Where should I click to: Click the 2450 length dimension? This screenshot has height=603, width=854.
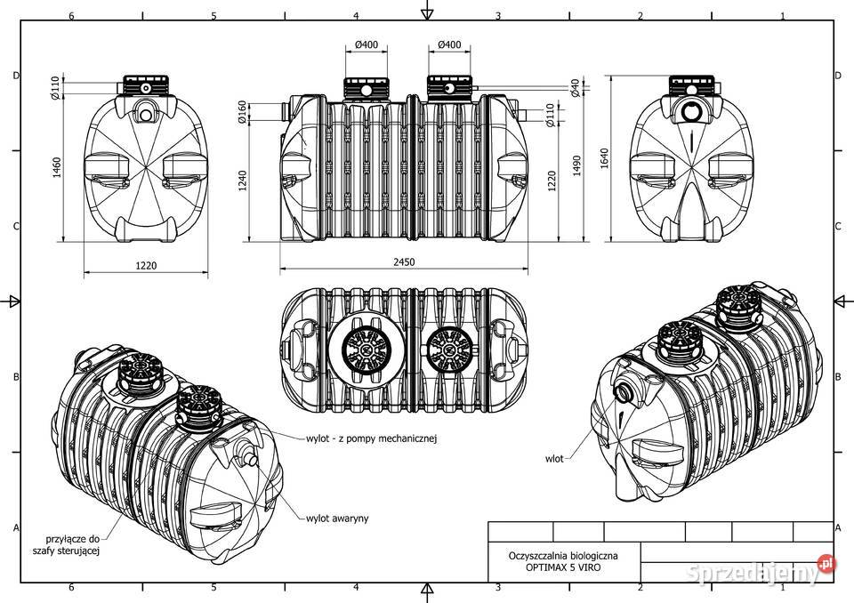404,262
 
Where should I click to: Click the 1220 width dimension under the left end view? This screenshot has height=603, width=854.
146,266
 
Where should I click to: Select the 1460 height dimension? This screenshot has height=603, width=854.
57,167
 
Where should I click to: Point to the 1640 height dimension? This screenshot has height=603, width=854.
604,158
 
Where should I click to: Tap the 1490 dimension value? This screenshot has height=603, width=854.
576,165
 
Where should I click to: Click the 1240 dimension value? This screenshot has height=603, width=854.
243,181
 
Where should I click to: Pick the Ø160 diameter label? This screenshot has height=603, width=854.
243,112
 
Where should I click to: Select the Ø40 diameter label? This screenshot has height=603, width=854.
576,88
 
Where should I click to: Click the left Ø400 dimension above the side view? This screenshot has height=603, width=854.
366,44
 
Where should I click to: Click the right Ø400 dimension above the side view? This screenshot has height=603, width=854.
448,44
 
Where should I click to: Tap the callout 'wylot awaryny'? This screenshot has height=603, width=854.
337,518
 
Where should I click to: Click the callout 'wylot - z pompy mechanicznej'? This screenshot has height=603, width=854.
372,438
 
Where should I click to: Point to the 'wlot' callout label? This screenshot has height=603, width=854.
554,459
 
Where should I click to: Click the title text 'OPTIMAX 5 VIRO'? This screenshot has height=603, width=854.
563,567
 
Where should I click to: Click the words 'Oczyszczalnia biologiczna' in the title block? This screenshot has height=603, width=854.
563,556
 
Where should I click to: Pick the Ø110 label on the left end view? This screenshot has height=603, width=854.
55,88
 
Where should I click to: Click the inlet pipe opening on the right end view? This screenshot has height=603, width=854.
692,112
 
